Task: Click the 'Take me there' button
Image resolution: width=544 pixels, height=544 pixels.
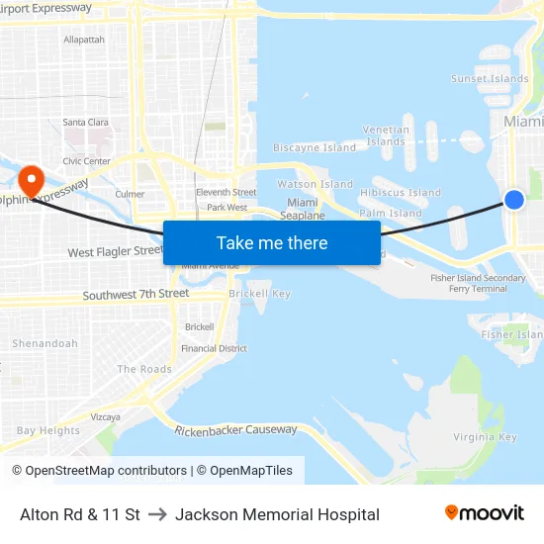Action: (272, 243)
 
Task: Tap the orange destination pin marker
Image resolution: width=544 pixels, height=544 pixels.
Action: (32, 180)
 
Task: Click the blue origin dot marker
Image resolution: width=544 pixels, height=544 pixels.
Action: (514, 200)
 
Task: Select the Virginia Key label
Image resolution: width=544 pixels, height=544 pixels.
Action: (485, 437)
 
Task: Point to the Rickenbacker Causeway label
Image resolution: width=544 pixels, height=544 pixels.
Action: (235, 430)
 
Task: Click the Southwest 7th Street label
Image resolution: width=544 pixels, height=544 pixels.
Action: (136, 295)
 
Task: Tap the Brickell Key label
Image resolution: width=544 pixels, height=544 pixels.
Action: (259, 294)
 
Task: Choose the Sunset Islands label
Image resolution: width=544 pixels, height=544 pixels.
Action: (490, 79)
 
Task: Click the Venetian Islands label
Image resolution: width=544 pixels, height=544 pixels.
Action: (386, 136)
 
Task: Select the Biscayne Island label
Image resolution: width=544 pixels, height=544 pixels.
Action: (315, 148)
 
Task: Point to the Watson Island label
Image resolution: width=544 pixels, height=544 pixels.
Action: (315, 184)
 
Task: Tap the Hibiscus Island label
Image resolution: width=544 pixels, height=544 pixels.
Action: (401, 193)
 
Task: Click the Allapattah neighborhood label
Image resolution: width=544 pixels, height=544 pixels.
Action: (84, 40)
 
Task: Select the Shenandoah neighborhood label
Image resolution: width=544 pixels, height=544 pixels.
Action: (45, 344)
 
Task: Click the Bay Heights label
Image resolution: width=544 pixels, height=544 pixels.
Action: (48, 431)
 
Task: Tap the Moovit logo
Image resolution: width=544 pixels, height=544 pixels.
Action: (485, 513)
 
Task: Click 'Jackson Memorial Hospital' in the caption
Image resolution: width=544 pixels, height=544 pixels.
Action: (277, 514)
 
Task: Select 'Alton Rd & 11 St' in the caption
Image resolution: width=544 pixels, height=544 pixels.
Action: (80, 514)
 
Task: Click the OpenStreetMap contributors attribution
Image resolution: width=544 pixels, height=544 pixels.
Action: (99, 471)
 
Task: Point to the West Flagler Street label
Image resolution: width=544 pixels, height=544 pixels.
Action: (115, 252)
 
